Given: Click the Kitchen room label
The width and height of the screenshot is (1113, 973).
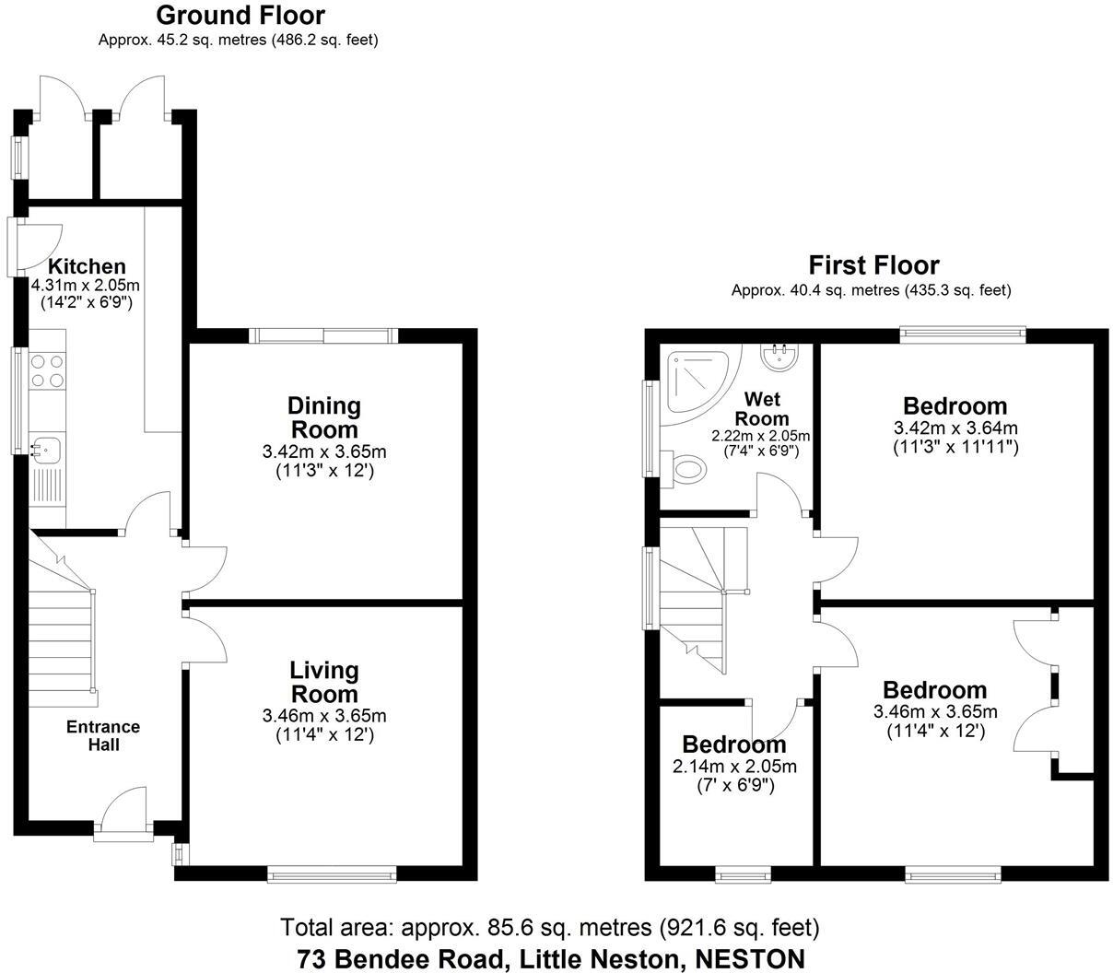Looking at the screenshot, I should pos(87,266).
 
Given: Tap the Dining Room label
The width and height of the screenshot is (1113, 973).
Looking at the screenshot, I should pos(323,417).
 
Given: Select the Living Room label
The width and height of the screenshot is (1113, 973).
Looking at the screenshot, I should pos(323,682).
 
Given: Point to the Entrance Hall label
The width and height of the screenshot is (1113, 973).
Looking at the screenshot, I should pos(103,735).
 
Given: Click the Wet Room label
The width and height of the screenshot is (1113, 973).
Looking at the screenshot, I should pos(762,408).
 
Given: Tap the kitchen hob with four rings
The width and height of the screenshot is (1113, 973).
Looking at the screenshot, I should pos(48,369).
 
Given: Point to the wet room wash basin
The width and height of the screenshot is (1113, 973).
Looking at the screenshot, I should pos(780,355).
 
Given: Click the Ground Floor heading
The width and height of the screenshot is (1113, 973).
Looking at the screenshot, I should pos(240,16).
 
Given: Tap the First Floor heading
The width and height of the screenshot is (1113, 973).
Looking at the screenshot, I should pos(873,265).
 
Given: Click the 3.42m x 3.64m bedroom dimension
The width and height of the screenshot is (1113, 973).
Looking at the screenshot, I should pos(955,428).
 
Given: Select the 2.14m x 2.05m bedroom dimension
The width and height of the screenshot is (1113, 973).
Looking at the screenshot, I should pos(734,767).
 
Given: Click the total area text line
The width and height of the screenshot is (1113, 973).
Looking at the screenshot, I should pos(549,927).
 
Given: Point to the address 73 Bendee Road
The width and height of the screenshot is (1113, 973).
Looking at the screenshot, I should pos(551,959).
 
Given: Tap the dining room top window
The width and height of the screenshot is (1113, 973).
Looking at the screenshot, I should pos(323,336).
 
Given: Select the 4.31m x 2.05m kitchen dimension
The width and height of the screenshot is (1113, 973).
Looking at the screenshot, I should pos(86,286).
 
